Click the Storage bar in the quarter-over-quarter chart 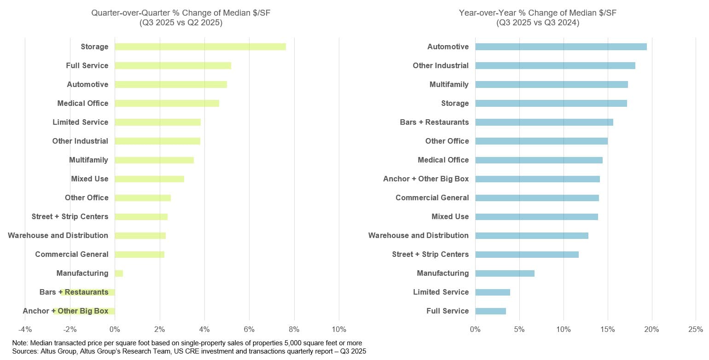tap(200, 46)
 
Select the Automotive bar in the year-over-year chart tap(561, 46)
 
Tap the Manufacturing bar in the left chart tap(119, 273)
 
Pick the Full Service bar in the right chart tap(490, 311)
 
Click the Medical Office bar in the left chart tap(167, 103)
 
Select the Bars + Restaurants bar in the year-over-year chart tap(544, 122)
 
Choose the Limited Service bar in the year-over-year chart tap(492, 292)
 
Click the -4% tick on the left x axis tap(25, 330)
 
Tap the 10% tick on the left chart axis tap(339, 330)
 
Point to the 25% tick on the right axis tap(695, 330)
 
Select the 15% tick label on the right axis tap(607, 330)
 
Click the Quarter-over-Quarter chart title tap(181, 17)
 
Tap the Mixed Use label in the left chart tap(90, 179)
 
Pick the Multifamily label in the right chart tap(449, 84)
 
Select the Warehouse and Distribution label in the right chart tap(418, 235)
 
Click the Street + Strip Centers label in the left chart tap(70, 216)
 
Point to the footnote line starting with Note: tap(186, 343)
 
